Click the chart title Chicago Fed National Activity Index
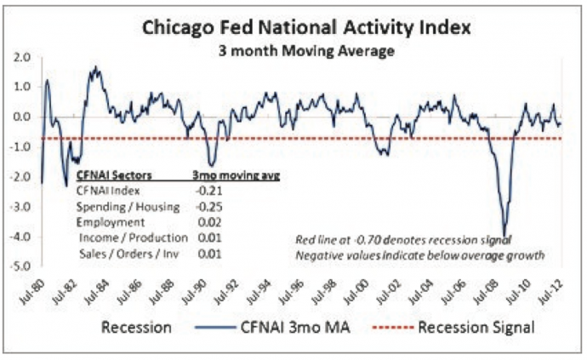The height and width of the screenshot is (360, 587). (x=293, y=29)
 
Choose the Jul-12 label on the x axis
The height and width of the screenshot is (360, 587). (x=561, y=289)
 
